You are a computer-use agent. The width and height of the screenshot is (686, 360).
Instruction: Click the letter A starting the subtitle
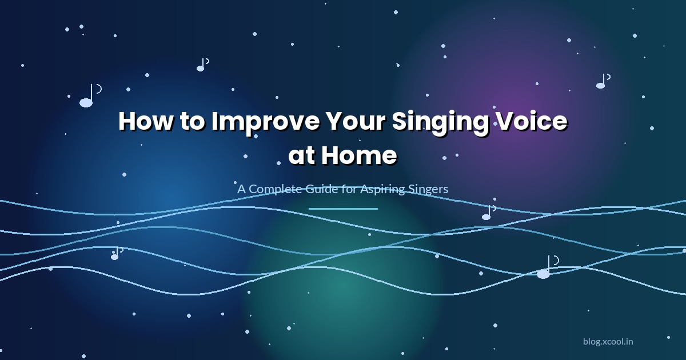pyautogui.click(x=241, y=189)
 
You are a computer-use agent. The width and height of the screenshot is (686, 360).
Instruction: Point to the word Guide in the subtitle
pyautogui.click(x=320, y=189)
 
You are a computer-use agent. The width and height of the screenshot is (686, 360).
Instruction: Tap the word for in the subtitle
pyautogui.click(x=349, y=189)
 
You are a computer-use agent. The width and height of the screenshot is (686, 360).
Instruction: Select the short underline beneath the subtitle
pyautogui.click(x=343, y=209)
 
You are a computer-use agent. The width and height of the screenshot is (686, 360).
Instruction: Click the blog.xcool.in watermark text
pyautogui.click(x=608, y=342)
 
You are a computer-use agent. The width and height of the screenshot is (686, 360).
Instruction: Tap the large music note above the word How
pyautogui.click(x=89, y=97)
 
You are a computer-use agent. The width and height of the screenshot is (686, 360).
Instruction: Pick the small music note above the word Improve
pyautogui.click(x=202, y=65)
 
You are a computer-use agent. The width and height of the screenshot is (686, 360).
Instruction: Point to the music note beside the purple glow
pyautogui.click(x=602, y=82)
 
